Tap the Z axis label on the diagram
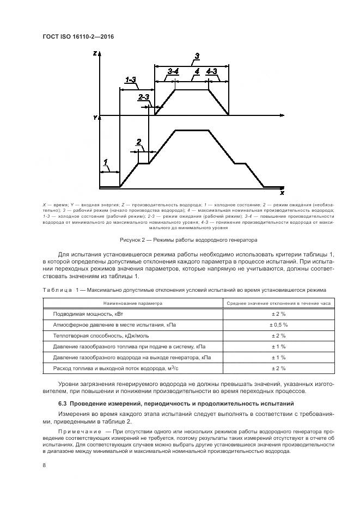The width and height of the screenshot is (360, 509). click(x=95, y=53)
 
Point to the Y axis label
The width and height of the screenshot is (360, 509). click(x=95, y=117)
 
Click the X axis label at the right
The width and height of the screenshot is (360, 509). click(x=282, y=193)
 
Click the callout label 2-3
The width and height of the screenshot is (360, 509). click(x=144, y=97)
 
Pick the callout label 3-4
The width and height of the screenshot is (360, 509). click(x=174, y=71)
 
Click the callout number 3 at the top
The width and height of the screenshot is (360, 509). click(x=197, y=56)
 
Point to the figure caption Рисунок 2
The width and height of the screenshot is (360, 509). click(x=187, y=240)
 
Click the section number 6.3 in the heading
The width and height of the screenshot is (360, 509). click(x=62, y=403)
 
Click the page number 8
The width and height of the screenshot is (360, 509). click(x=44, y=465)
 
